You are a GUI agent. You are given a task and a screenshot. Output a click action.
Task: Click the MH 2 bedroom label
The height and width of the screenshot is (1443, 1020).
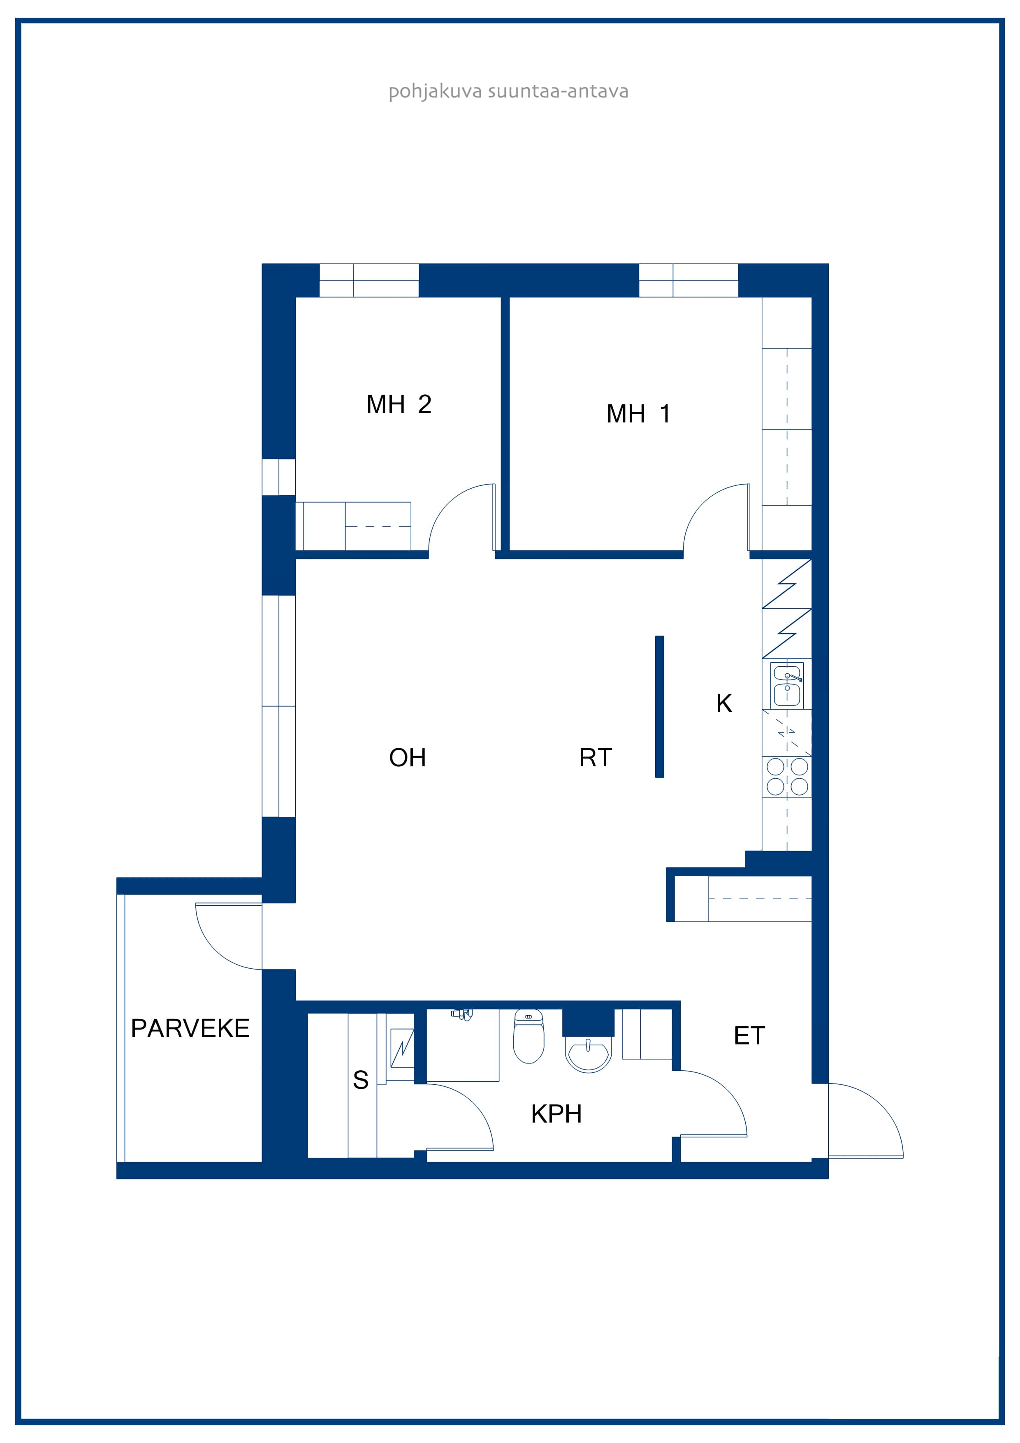pyautogui.click(x=399, y=405)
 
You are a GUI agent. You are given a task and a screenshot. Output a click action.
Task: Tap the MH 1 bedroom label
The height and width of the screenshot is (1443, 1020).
pyautogui.click(x=638, y=414)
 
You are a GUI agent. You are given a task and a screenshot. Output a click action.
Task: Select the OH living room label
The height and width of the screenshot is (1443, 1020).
pyautogui.click(x=407, y=758)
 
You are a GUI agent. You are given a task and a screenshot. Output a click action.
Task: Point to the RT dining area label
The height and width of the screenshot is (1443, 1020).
pyautogui.click(x=595, y=758)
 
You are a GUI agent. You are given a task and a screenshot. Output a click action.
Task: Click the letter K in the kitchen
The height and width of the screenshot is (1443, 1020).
pyautogui.click(x=724, y=703)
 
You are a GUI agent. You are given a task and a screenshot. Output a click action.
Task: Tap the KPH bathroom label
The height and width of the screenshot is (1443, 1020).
pyautogui.click(x=556, y=1114)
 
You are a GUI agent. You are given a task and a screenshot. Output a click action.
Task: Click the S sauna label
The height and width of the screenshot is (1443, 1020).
pyautogui.click(x=361, y=1080)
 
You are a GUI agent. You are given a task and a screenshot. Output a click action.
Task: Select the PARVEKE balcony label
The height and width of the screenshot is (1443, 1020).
pyautogui.click(x=190, y=1028)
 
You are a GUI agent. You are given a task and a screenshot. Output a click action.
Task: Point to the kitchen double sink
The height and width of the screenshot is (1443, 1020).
pyautogui.click(x=787, y=686)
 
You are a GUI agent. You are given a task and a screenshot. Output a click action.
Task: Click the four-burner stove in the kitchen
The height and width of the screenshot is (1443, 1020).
pyautogui.click(x=787, y=777)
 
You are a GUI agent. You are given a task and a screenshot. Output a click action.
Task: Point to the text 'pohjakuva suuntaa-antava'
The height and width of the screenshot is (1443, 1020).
pyautogui.click(x=508, y=92)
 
